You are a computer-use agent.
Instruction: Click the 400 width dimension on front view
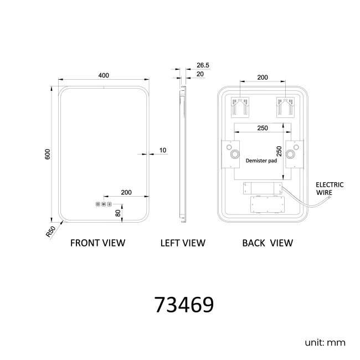pyautogui.click(x=104, y=75)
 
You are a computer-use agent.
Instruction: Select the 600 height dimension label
pyautogui.click(x=47, y=155)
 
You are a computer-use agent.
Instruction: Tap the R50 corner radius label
pyautogui.click(x=50, y=232)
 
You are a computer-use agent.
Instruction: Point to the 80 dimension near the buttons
pyautogui.click(x=118, y=213)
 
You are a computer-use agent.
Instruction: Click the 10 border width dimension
pyautogui.click(x=162, y=150)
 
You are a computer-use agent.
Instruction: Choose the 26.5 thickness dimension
pyautogui.click(x=203, y=65)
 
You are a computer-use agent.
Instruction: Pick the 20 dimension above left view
pyautogui.click(x=200, y=74)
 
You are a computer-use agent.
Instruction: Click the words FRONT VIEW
pyautogui.click(x=98, y=243)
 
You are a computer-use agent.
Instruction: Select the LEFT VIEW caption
pyautogui.click(x=183, y=243)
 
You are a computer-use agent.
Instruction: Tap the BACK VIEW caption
pyautogui.click(x=268, y=243)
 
